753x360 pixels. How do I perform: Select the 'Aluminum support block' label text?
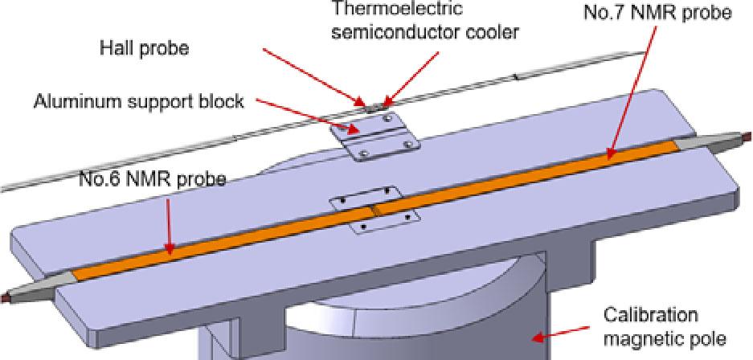138,101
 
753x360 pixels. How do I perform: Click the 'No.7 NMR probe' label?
657,12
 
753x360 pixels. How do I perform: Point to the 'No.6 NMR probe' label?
152,179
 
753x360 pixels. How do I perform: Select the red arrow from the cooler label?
411,79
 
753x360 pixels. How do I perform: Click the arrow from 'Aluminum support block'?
307,115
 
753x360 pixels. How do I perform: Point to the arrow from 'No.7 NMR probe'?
632,92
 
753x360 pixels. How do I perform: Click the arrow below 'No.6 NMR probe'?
169,225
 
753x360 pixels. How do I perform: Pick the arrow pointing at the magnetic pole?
562,333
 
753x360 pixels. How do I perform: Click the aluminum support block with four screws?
374,135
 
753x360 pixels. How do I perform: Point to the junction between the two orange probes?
374,210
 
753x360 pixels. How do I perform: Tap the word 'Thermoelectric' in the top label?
398,8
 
